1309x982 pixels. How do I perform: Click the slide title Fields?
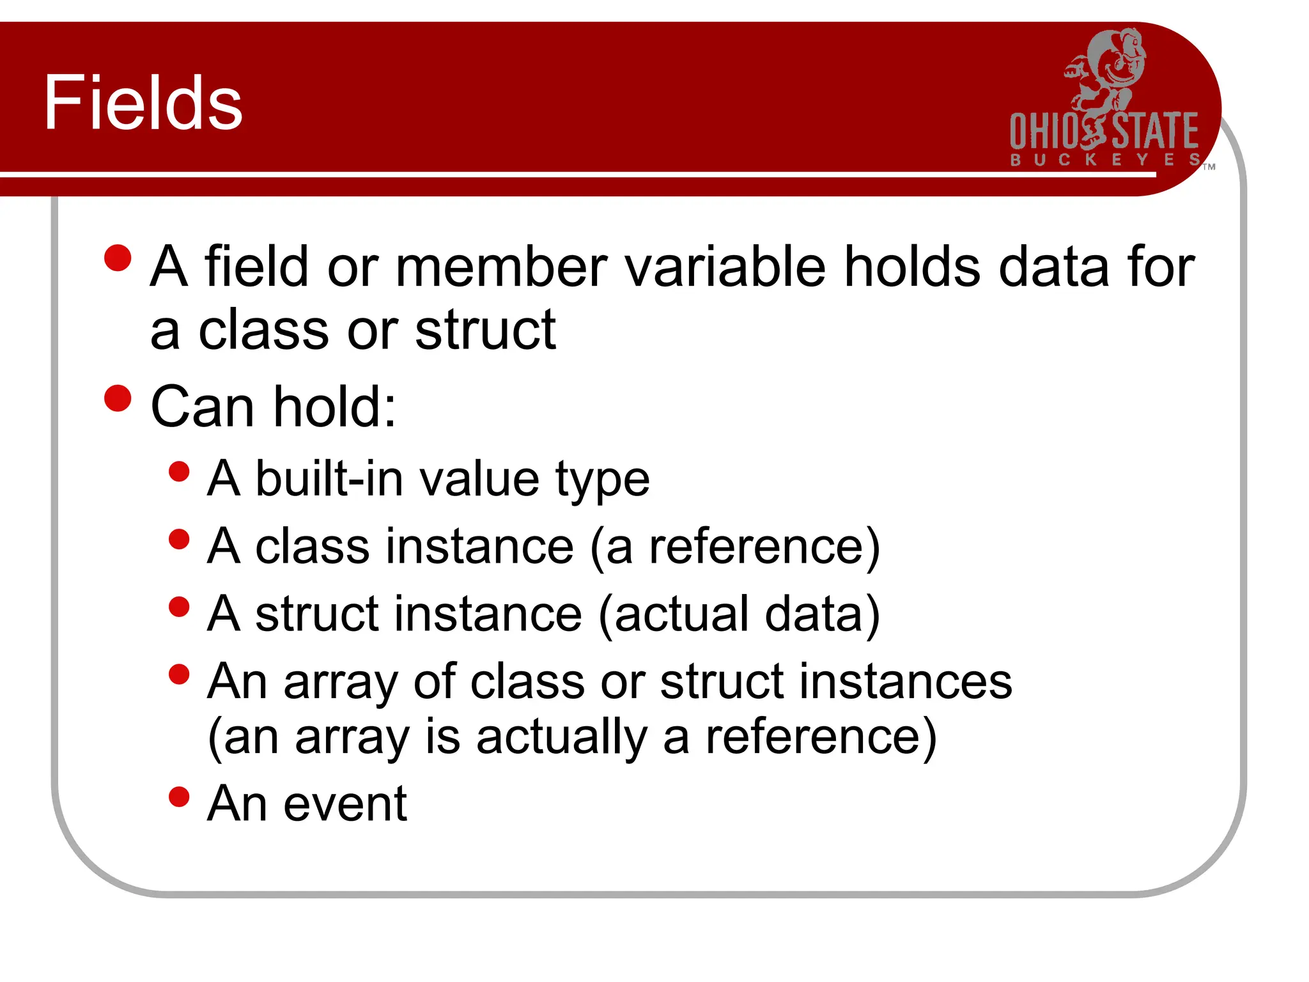143,102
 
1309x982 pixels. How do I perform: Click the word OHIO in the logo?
1044,131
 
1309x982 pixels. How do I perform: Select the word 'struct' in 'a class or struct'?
485,330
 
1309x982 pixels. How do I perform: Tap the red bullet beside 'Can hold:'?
118,398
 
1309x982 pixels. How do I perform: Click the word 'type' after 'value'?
602,481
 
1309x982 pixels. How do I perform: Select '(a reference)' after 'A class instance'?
735,547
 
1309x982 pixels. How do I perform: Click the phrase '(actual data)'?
740,614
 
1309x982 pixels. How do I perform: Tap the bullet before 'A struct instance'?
180,607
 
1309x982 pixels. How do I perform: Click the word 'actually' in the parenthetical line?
561,738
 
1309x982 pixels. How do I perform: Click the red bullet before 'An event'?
180,797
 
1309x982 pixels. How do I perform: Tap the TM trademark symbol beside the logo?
1209,167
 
